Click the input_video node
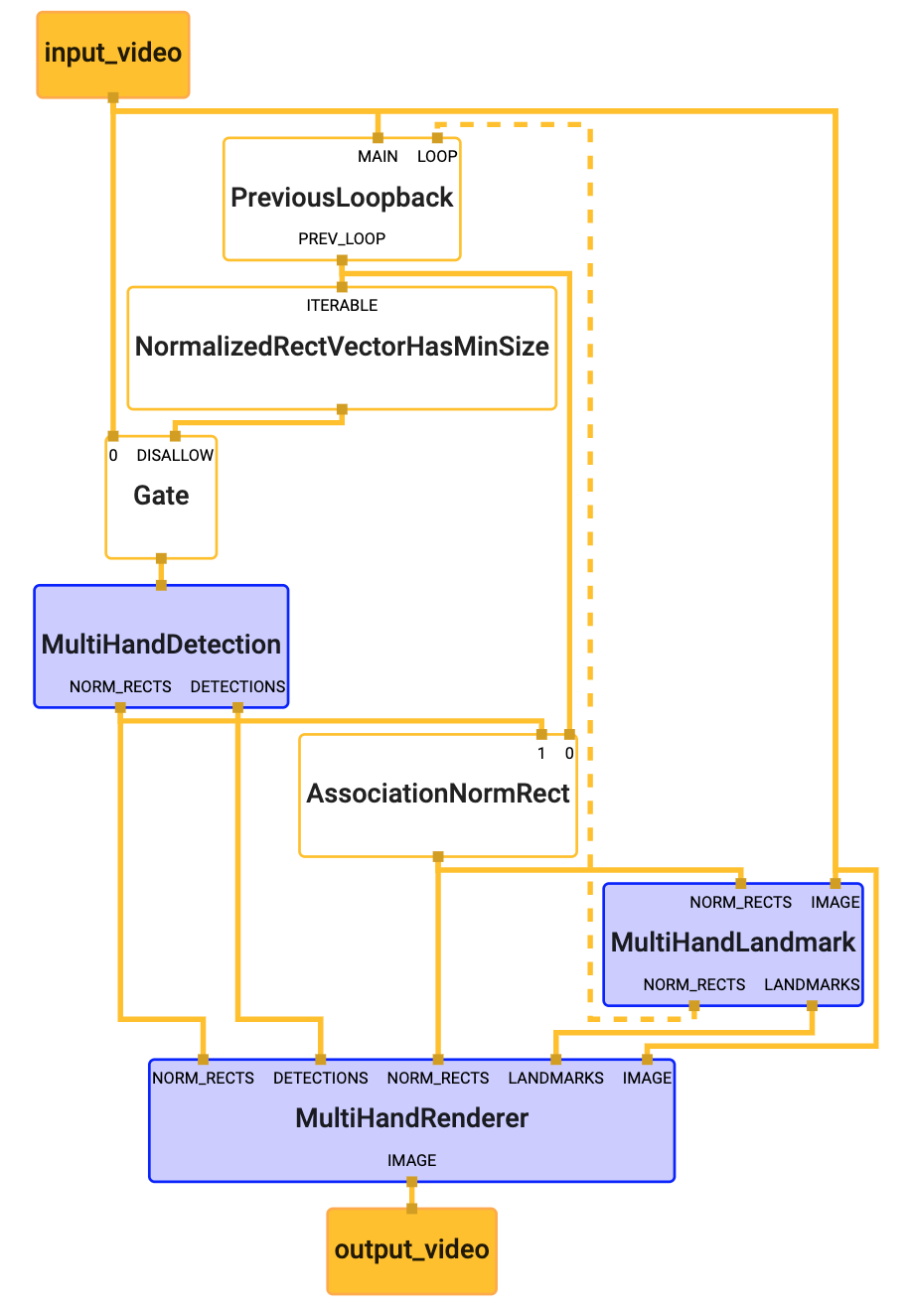pos(112,54)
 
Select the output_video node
pos(411,1249)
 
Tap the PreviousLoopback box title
pos(342,198)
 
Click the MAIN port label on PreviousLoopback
pos(378,157)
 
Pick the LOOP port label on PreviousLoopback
pos(437,157)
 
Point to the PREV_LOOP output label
pos(342,239)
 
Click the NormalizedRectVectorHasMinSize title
pos(342,347)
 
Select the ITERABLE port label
pos(342,306)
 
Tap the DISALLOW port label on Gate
pos(175,456)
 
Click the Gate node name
pos(161,496)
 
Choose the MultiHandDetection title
pos(161,645)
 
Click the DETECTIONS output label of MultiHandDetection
pos(237,687)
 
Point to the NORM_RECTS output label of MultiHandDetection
pos(120,687)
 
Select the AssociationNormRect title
pos(438,794)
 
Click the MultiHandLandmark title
pos(733,943)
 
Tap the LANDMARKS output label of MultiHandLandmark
pos(812,985)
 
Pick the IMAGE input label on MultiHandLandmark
pos(835,903)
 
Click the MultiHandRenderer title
pos(411,1118)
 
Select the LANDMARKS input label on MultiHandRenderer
pos(555,1079)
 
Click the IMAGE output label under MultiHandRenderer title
pos(411,1161)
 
